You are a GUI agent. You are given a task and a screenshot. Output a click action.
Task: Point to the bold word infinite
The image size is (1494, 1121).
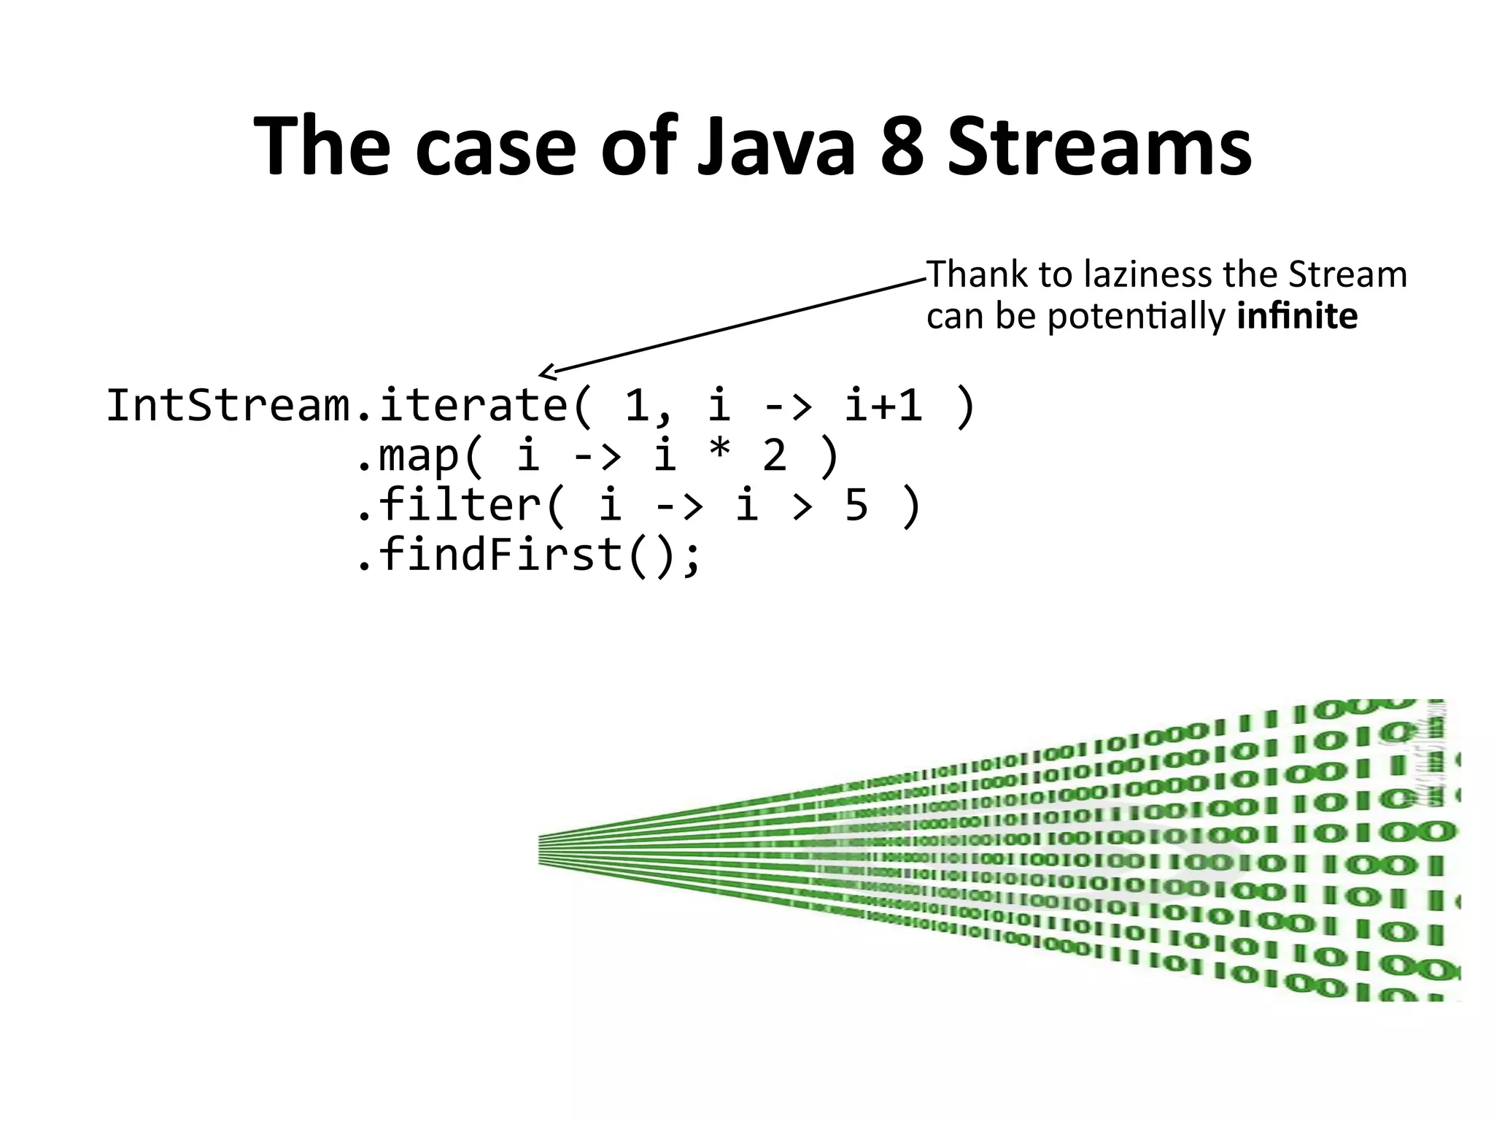pyautogui.click(x=1297, y=317)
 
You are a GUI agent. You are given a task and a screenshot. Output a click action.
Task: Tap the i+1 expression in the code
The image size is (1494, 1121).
pyautogui.click(x=883, y=405)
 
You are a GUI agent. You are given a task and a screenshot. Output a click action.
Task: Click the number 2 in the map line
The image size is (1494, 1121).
pyautogui.click(x=774, y=455)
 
